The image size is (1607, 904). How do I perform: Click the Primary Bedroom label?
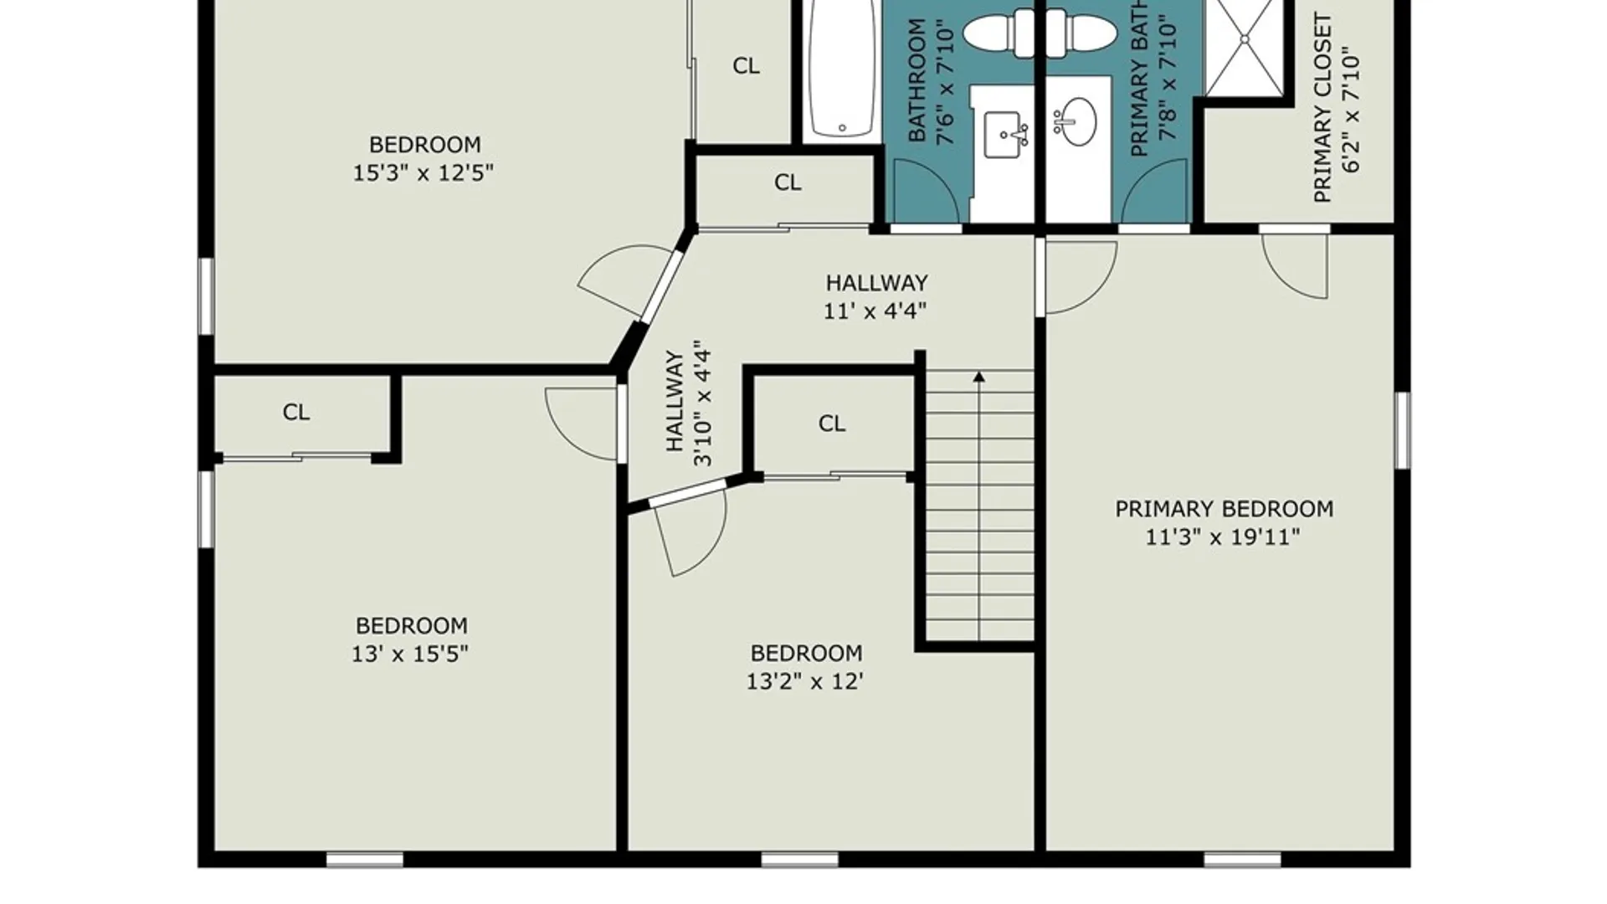point(1224,509)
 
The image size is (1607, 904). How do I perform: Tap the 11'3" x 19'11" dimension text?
point(1223,537)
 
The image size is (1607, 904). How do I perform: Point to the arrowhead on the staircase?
point(978,378)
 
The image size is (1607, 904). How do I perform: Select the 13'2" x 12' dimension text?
point(804,681)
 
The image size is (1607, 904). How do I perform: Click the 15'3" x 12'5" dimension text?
point(423,173)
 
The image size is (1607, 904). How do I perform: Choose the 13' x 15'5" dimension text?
point(409,654)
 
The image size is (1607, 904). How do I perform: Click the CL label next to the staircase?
point(832,424)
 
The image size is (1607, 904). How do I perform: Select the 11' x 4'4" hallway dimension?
point(875,311)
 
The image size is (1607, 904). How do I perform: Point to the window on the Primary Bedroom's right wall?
point(1403,430)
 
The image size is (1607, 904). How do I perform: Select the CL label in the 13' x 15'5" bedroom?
point(296,412)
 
